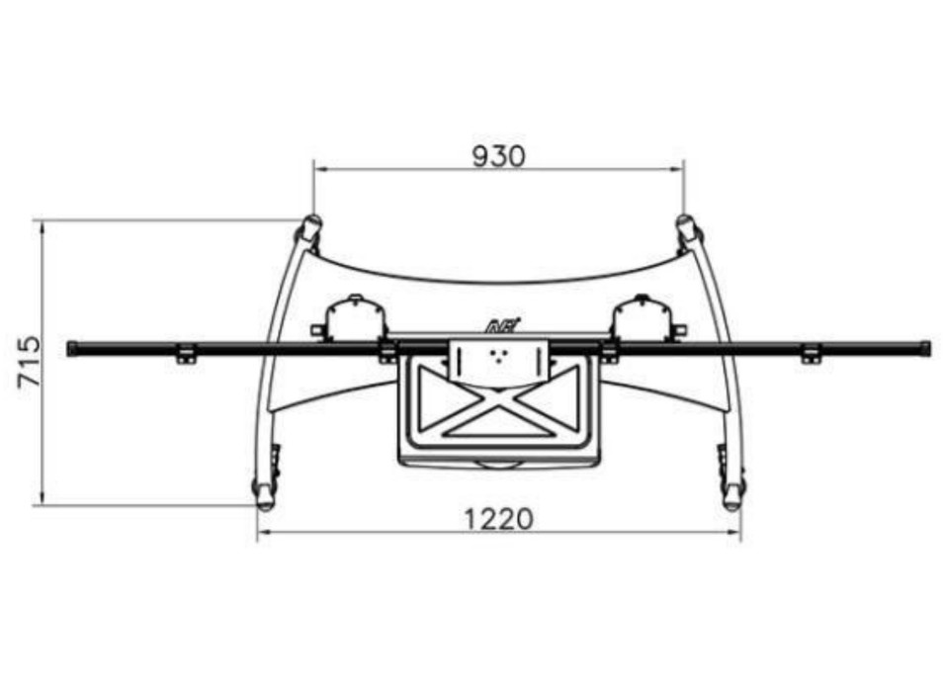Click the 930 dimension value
pos(498,156)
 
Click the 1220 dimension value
pos(498,519)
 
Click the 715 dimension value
pos(30,362)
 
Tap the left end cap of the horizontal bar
pos(72,348)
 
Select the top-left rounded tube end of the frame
pos(308,227)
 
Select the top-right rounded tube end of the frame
pos(688,227)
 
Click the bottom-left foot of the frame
pos(264,495)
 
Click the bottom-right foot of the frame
pos(732,495)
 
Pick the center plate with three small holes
pos(498,358)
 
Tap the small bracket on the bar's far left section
pos(185,355)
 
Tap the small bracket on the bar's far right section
pos(812,355)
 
